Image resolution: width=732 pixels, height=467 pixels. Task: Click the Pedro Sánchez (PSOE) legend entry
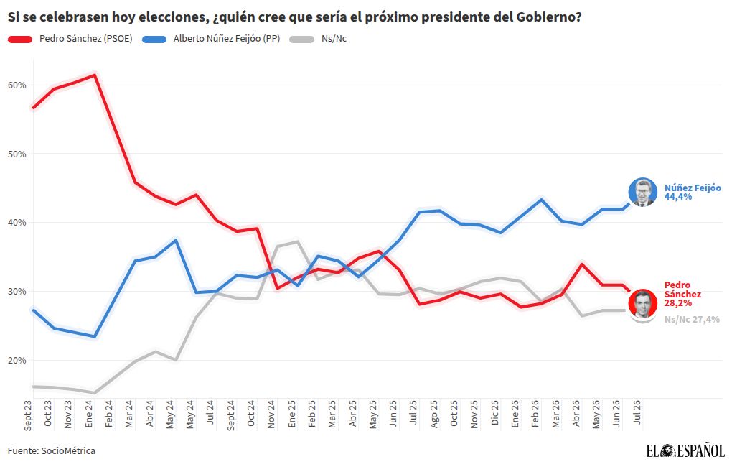(70, 39)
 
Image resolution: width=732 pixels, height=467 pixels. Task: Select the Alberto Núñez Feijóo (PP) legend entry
(211, 39)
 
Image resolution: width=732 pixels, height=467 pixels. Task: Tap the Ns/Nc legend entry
(318, 39)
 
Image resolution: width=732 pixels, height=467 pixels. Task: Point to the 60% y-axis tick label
(17, 85)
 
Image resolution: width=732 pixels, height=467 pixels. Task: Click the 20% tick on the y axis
(17, 361)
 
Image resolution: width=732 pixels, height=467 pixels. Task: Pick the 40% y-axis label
(17, 223)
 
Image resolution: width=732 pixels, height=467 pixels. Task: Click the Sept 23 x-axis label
(28, 415)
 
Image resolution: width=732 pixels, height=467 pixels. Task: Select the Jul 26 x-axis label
(637, 412)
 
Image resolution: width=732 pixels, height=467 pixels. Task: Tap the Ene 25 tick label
(292, 414)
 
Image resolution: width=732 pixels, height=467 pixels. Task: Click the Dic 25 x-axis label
(495, 413)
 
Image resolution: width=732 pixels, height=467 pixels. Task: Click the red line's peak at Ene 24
(95, 75)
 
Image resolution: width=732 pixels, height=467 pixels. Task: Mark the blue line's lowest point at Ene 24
(95, 336)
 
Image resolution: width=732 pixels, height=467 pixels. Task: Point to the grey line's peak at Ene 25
(297, 241)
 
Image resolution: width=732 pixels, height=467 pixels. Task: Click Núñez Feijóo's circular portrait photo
(643, 192)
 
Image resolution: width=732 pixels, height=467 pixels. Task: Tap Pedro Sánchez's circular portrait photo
(643, 303)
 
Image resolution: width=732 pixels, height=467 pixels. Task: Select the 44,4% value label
(678, 197)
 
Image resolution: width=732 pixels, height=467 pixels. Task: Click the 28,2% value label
(678, 303)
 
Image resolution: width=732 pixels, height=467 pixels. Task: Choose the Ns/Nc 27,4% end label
(692, 320)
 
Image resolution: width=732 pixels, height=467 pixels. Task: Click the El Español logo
(685, 450)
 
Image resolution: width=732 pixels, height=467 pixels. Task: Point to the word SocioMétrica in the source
(68, 451)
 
